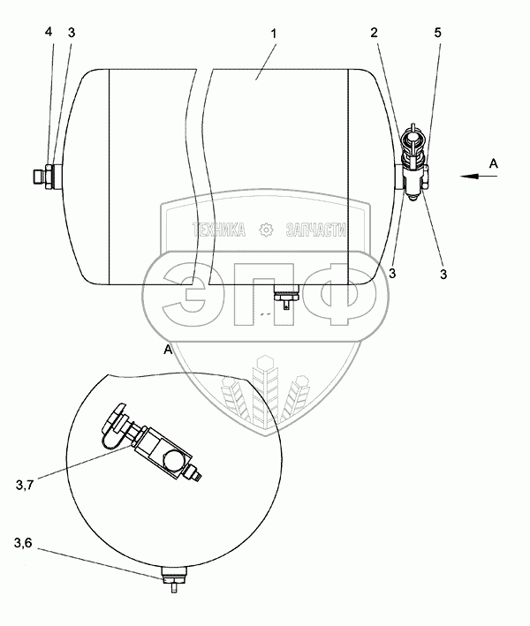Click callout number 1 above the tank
point(274,34)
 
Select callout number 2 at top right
point(374,33)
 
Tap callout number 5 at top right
point(438,33)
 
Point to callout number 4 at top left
point(49,32)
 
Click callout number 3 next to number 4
point(72,33)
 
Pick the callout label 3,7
point(25,485)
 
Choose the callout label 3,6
point(23,543)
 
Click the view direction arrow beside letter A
point(478,176)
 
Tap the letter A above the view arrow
point(494,163)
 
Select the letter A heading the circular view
point(168,351)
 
